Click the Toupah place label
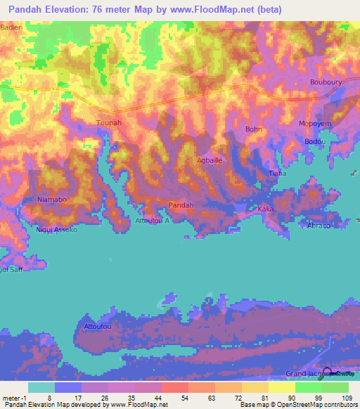point(109,122)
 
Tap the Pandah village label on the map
point(181,205)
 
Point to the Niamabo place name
point(51,200)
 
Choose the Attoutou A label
point(153,220)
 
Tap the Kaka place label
point(265,209)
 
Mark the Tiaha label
point(278,173)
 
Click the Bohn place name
point(253,129)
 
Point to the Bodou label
point(315,141)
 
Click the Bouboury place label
point(326,82)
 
